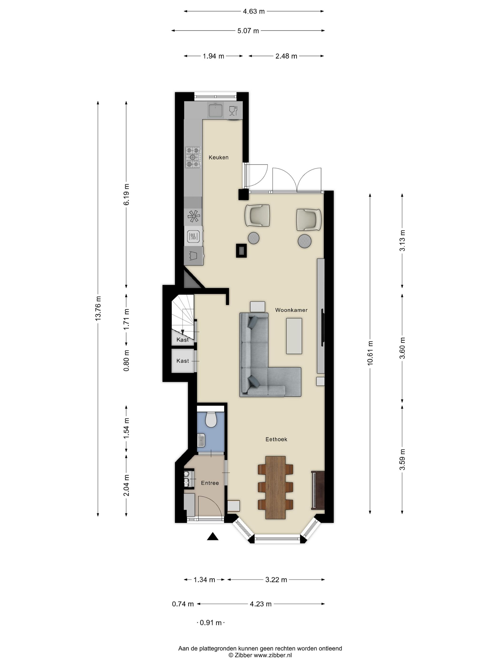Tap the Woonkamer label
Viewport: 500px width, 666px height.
pyautogui.click(x=291, y=310)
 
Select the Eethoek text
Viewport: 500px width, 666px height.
pyautogui.click(x=276, y=439)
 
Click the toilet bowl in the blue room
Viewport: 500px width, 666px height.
pyautogui.click(x=211, y=419)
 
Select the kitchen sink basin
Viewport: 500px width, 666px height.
pyautogui.click(x=215, y=110)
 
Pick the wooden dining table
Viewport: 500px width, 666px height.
pyautogui.click(x=275, y=487)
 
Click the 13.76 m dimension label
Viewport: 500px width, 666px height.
pyautogui.click(x=98, y=308)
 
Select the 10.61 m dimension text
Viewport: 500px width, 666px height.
pyautogui.click(x=370, y=353)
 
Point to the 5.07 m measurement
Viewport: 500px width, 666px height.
pyautogui.click(x=248, y=31)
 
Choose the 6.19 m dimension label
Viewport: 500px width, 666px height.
pyautogui.click(x=126, y=194)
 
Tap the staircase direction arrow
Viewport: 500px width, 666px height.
pyautogui.click(x=182, y=332)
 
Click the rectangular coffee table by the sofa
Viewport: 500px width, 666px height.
pyautogui.click(x=294, y=336)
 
